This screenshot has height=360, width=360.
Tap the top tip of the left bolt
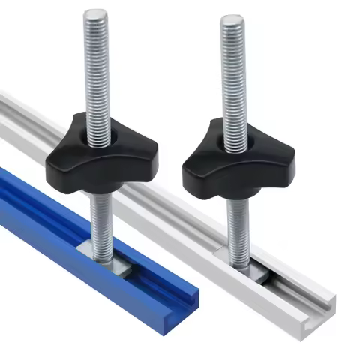click(96, 13)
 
